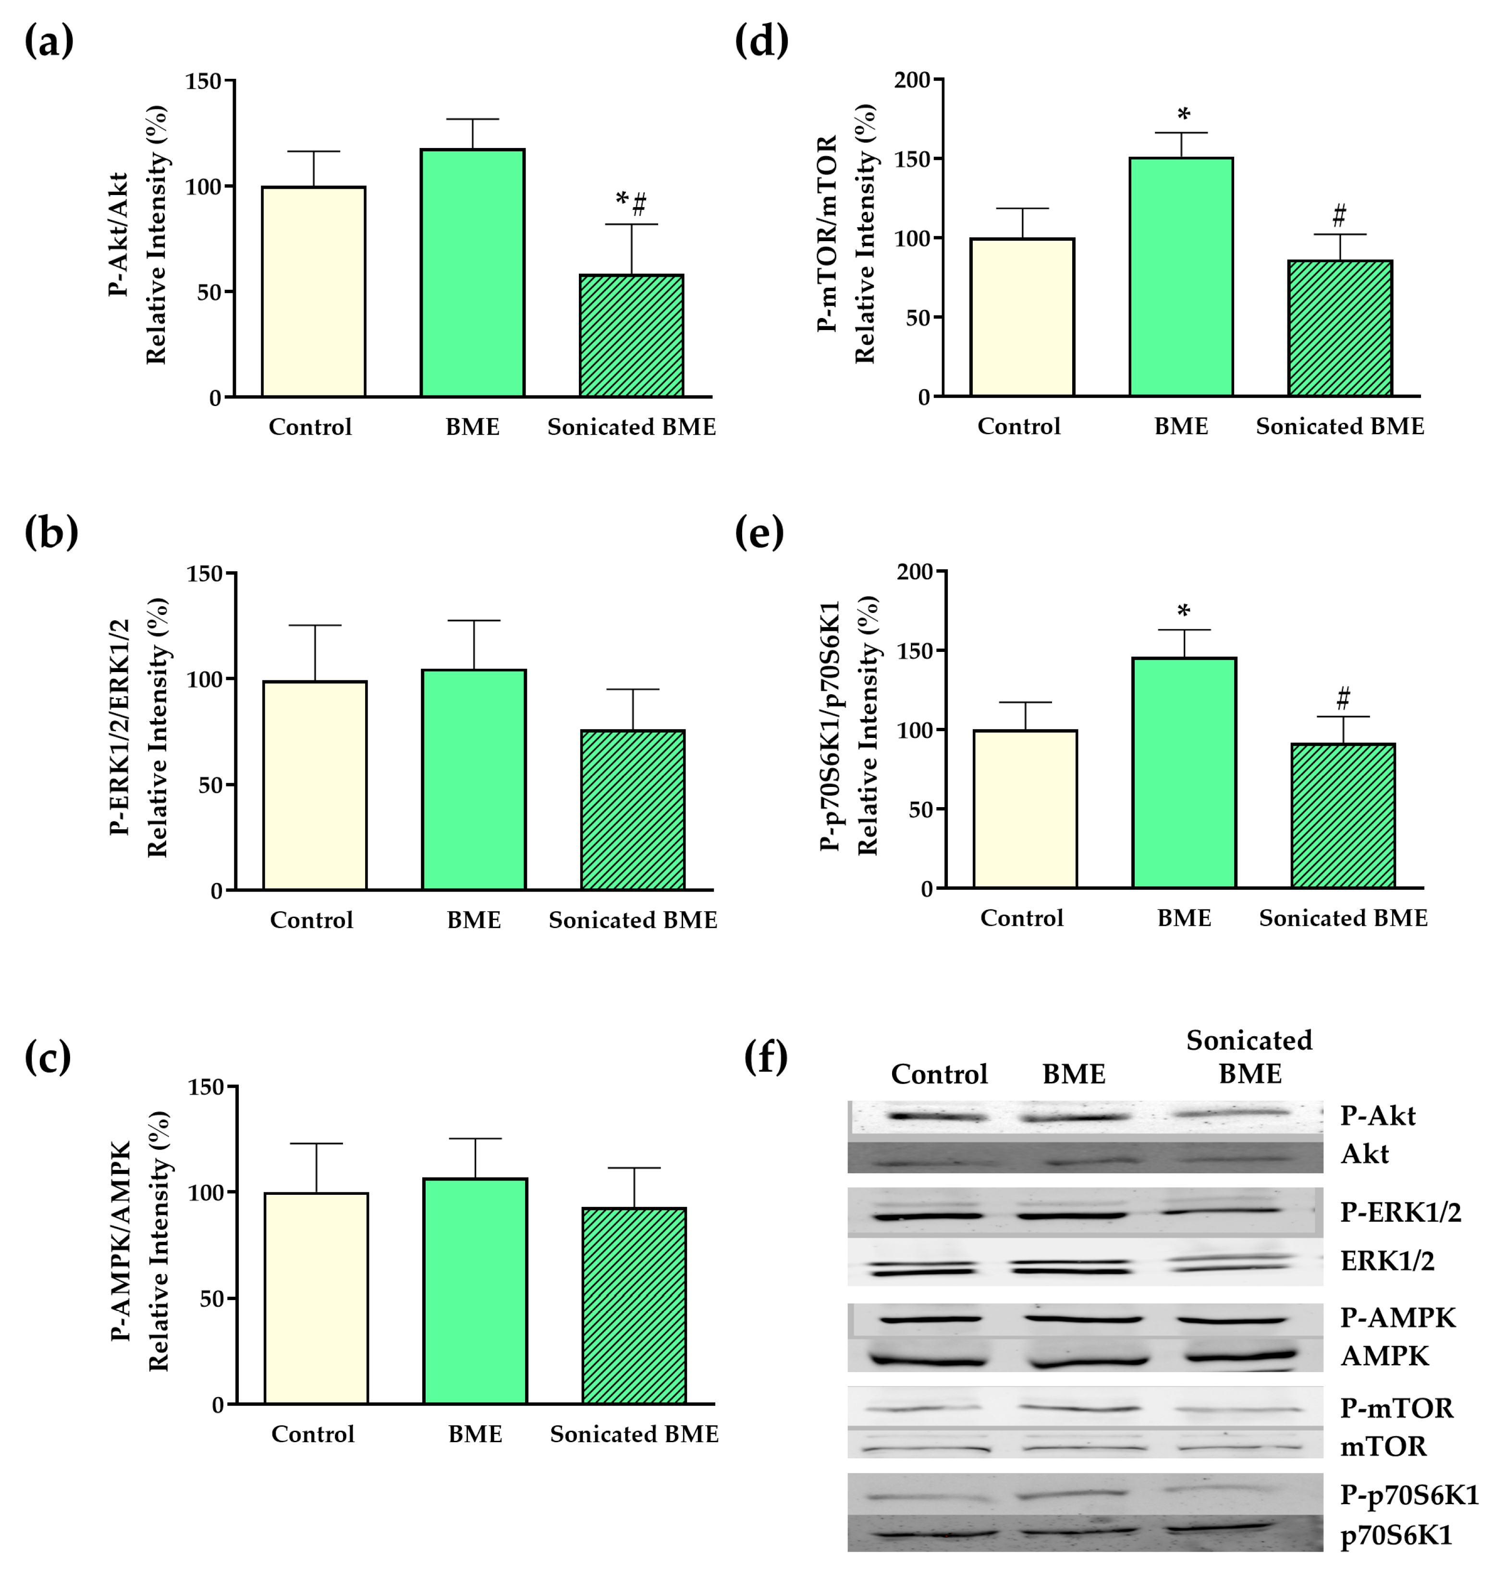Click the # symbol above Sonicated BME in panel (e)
[1343, 699]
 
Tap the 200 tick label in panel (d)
[912, 80]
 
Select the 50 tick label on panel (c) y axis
[211, 1299]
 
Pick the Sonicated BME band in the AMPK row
[1239, 1355]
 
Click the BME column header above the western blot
[1074, 1074]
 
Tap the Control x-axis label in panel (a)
[310, 427]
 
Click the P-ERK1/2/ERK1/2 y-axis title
[120, 726]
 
